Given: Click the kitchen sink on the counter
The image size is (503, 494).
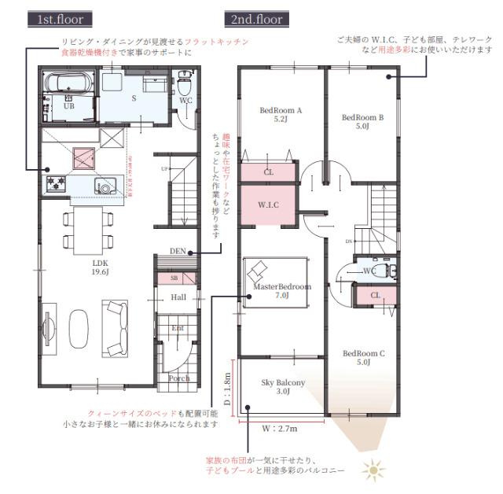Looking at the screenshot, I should tap(105, 186).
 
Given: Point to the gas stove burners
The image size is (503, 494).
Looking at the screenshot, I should tap(57, 184).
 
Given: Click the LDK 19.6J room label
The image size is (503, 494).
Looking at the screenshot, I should tap(100, 267).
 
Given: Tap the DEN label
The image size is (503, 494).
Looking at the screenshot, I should tap(178, 252).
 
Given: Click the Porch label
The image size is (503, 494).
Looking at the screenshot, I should tap(179, 378).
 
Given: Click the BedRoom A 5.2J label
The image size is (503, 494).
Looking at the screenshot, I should tap(281, 116).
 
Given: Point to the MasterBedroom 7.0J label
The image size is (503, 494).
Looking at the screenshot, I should tap(283, 292).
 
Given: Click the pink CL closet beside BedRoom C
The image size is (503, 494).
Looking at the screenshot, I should tap(374, 296).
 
